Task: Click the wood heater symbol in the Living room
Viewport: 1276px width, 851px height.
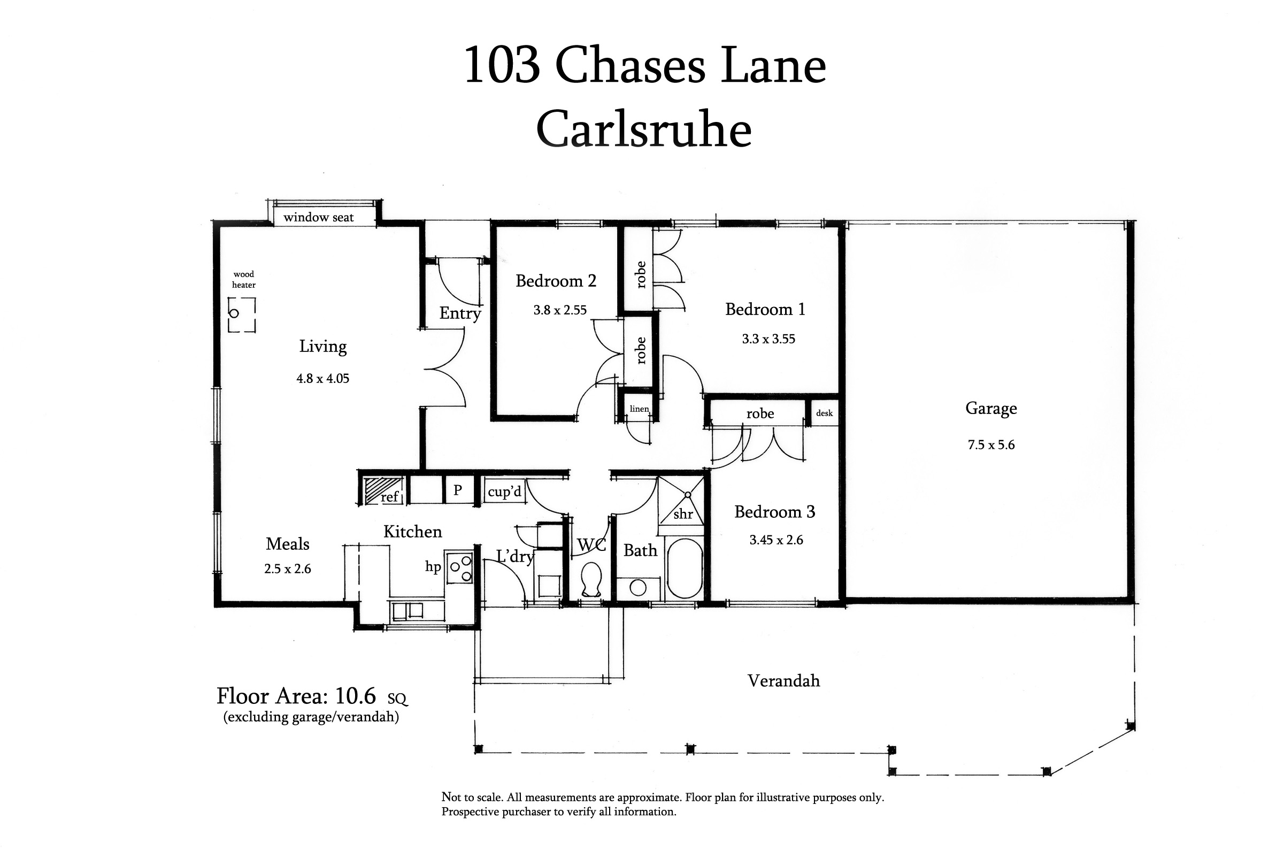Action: tap(241, 315)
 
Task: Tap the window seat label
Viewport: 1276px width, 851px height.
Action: tap(318, 218)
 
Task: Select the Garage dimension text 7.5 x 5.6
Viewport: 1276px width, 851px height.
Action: tap(991, 445)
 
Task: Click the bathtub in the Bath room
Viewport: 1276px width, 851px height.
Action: tap(684, 568)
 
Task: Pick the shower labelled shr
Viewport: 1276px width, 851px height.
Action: tap(682, 501)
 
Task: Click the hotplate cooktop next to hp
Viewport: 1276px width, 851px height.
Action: tap(459, 566)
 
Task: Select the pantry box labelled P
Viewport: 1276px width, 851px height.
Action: tap(458, 489)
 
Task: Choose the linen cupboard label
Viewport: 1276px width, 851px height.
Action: tap(639, 409)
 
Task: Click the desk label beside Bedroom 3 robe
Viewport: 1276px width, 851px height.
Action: tap(824, 413)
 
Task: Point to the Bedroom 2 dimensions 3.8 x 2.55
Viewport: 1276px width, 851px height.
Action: tap(560, 310)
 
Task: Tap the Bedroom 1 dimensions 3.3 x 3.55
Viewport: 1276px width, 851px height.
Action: tap(768, 339)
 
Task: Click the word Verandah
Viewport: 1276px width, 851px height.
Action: tap(783, 680)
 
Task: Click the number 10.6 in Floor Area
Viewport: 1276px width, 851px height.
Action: tap(355, 696)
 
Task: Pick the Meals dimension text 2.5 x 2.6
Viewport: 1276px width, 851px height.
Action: tap(288, 569)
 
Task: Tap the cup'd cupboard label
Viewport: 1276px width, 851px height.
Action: tap(504, 492)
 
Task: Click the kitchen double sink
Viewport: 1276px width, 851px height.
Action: tap(408, 611)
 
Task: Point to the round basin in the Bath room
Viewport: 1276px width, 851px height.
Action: tap(638, 588)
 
